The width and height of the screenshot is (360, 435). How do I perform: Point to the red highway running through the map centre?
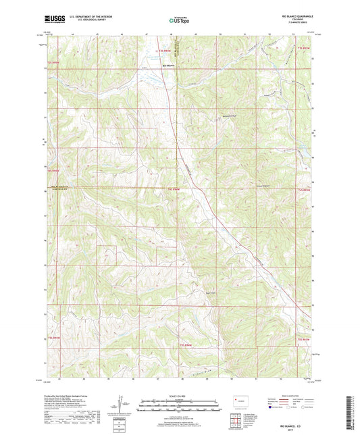pyautogui.click(x=203, y=196)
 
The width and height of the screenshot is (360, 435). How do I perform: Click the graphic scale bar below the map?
pyautogui.click(x=180, y=405)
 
